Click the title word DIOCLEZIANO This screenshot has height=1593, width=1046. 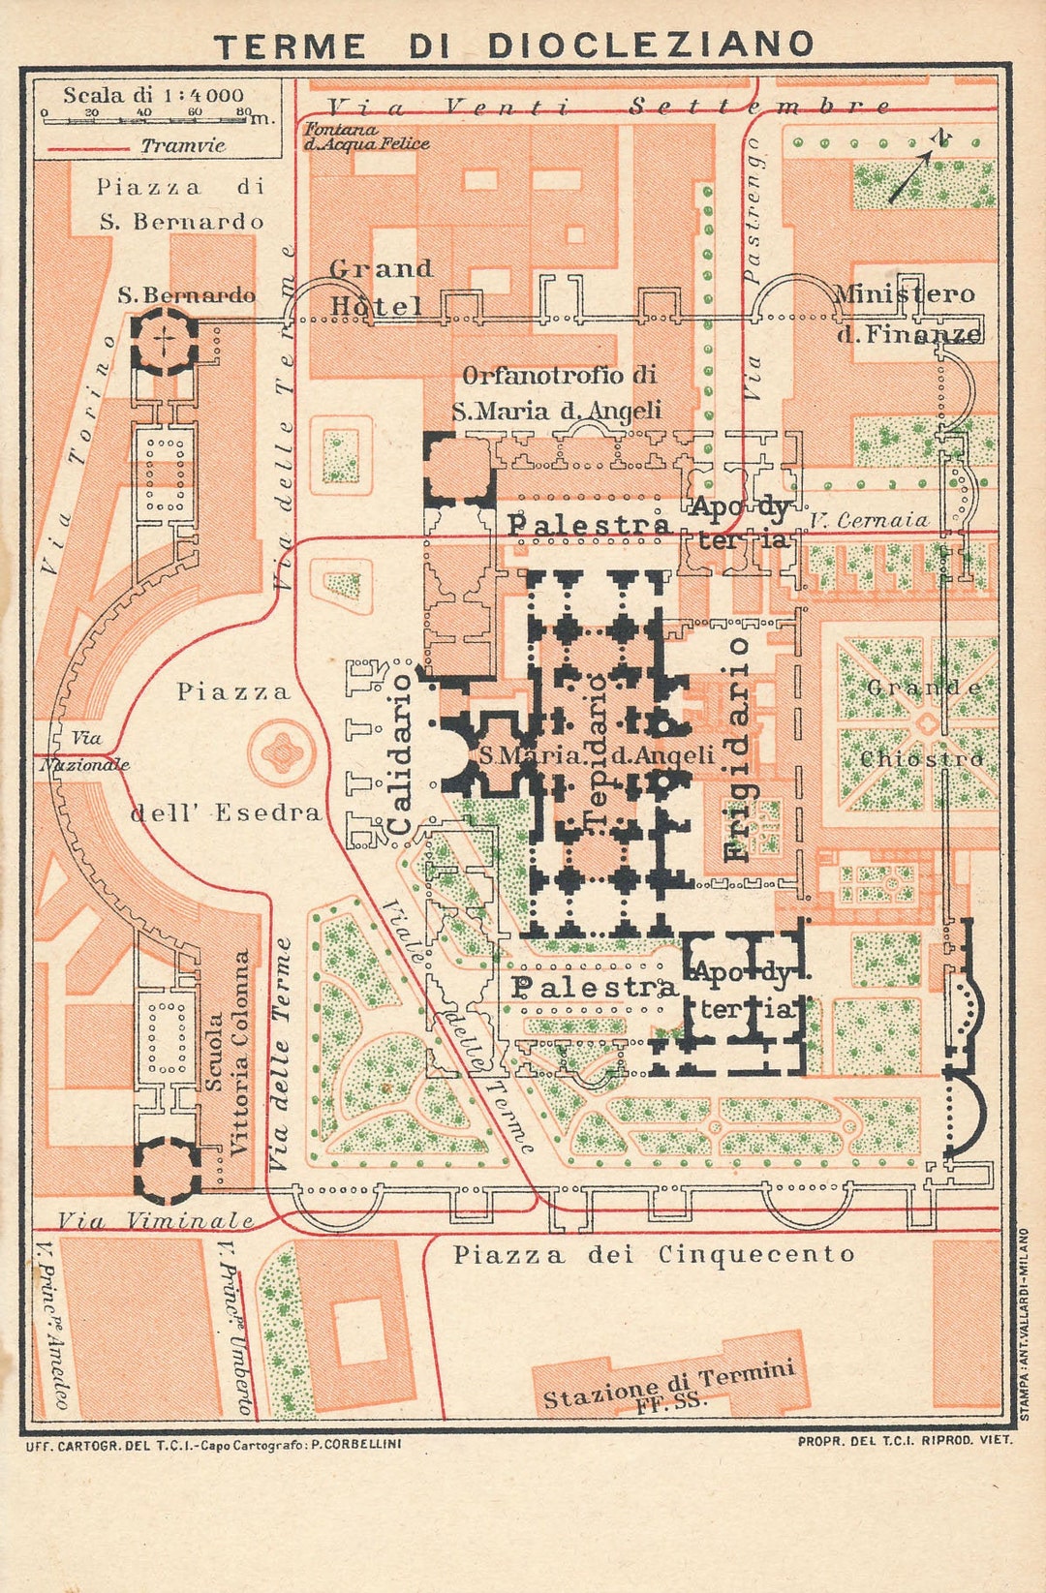(650, 46)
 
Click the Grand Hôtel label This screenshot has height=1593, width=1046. (380, 287)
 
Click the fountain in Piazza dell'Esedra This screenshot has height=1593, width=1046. (282, 753)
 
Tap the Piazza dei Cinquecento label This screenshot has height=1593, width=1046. (655, 1255)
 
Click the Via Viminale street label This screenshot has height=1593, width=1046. (155, 1221)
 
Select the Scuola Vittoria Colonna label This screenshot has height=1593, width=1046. (227, 1051)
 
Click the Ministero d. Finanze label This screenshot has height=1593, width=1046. (907, 313)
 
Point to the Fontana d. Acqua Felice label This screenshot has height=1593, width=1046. (366, 137)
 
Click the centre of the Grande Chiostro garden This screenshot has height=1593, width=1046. (927, 723)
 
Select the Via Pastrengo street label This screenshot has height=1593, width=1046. (753, 266)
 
